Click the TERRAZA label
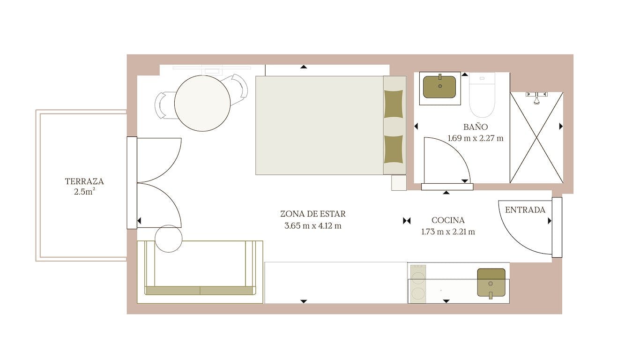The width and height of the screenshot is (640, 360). coord(84,181)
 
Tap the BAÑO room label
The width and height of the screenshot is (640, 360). coord(476,127)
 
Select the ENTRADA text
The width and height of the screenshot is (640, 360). coord(525,210)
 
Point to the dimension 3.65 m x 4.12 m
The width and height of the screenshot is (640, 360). coord(313,226)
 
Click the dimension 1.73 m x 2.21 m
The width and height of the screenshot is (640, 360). coord(448,232)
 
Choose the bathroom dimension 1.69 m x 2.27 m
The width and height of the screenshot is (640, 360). coord(476,138)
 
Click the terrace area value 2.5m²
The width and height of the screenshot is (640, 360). coord(84,192)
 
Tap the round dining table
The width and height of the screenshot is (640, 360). coord(202,103)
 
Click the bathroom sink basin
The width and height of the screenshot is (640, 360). coord(439,87)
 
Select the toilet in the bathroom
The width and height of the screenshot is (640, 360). coord(482,95)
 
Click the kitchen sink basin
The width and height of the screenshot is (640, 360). coord(491,283)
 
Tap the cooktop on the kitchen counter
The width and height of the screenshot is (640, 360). coord(418,284)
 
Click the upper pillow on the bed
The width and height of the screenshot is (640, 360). coord(394,104)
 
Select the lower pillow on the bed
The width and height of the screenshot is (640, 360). coord(394,150)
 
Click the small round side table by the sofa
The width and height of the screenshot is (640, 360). coord(169,239)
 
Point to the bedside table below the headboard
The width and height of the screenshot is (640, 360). coord(399,183)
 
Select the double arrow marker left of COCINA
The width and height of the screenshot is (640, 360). coord(407,221)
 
